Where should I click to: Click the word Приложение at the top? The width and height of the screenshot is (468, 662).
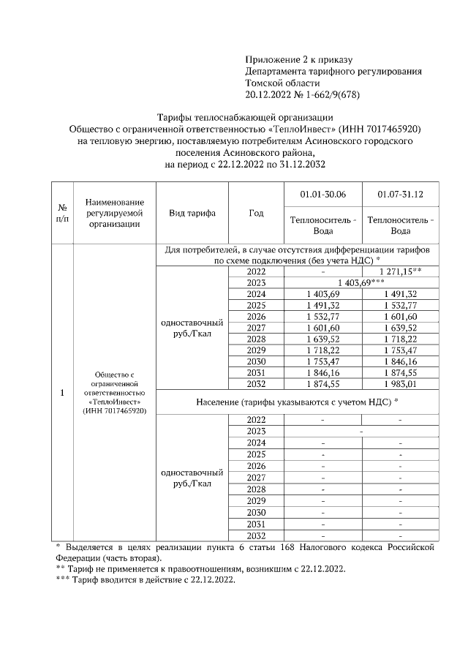270,59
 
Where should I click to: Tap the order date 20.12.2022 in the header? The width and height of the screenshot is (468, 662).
270,94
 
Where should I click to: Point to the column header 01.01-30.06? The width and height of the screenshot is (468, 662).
322,194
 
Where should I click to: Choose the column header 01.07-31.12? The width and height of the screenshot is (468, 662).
400,194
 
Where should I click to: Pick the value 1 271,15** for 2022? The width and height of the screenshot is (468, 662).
400,271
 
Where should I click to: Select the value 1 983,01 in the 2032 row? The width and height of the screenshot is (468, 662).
400,383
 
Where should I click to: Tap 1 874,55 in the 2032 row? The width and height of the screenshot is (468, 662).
322,383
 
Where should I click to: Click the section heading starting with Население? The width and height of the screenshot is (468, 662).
298,402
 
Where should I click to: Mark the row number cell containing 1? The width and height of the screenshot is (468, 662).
63,393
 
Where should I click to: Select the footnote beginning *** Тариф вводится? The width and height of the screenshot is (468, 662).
146,579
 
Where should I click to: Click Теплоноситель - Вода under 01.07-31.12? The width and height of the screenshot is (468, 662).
400,225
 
